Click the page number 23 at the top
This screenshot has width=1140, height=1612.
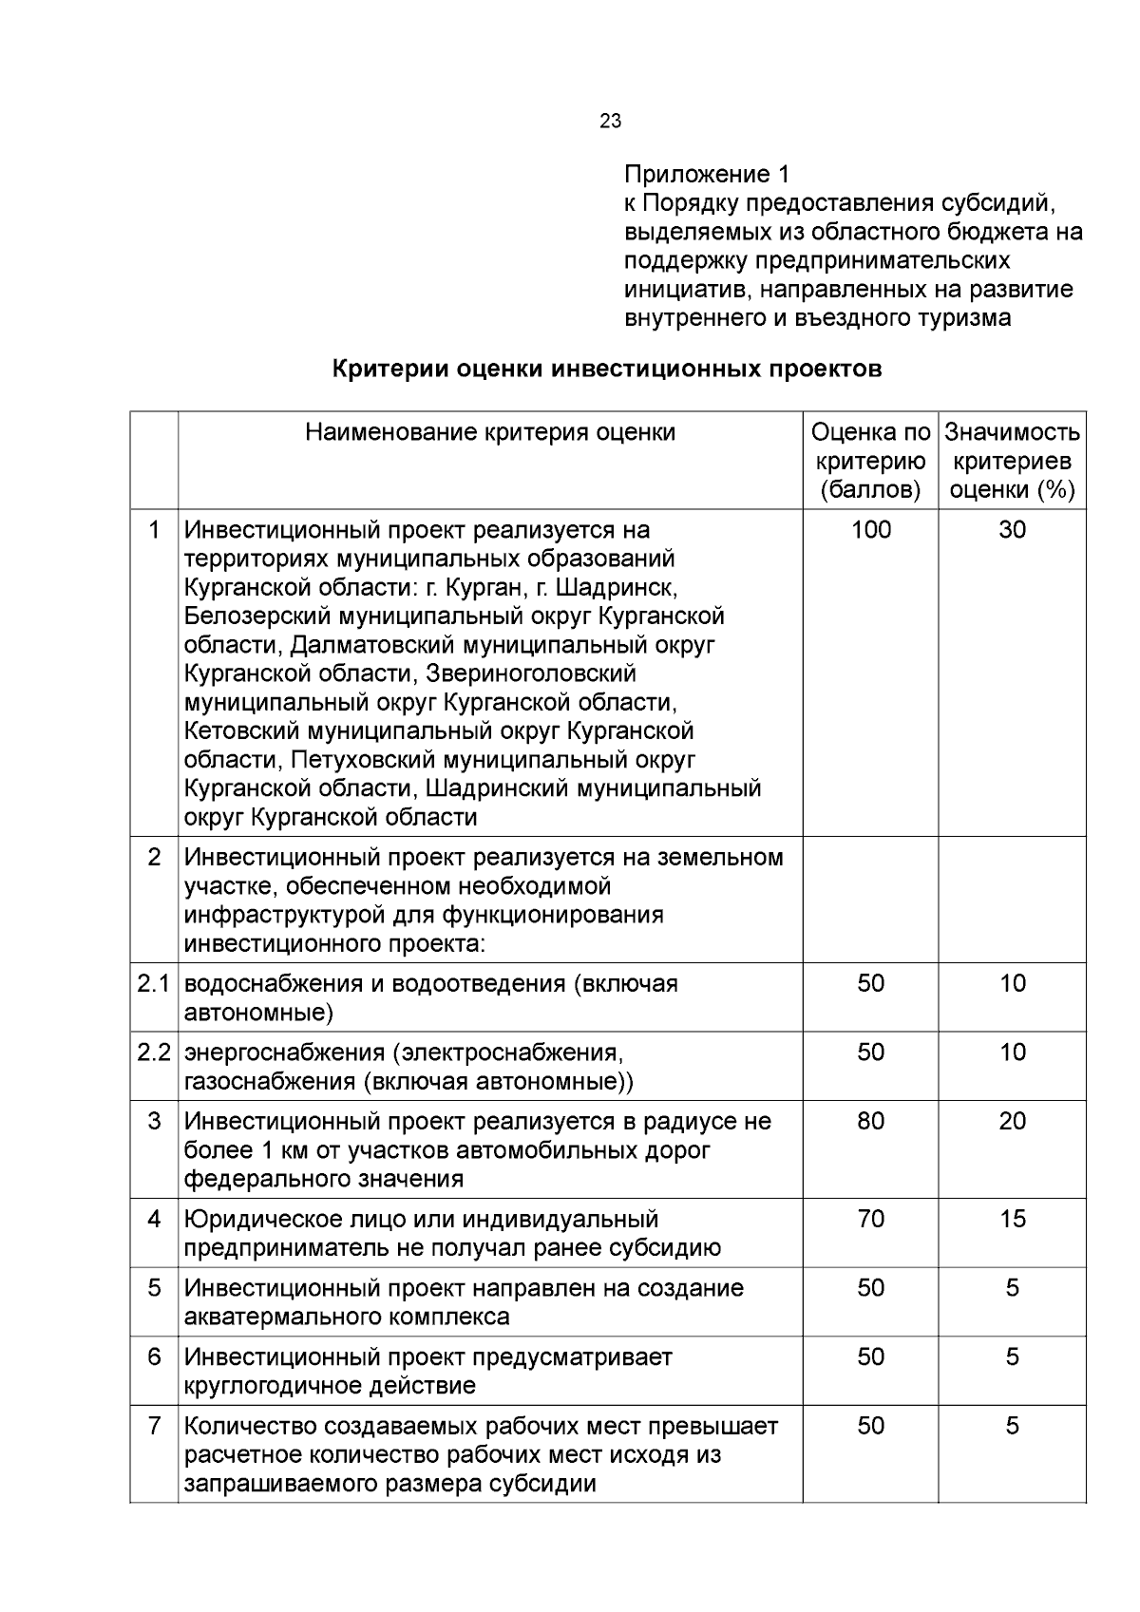pos(611,121)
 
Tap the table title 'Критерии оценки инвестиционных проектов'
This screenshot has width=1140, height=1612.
pos(607,369)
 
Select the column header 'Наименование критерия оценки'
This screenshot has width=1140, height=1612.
pos(490,432)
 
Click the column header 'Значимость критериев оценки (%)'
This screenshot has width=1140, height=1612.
pos(1012,461)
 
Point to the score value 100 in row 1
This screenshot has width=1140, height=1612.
pos(870,530)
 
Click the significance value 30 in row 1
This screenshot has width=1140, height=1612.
pos(1012,530)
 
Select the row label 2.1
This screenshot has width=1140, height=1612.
pos(153,983)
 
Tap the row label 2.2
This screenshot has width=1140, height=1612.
pos(153,1053)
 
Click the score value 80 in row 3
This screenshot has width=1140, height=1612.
pos(870,1121)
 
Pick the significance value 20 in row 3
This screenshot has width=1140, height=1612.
pos(1012,1121)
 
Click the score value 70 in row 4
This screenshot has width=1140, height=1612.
pos(870,1219)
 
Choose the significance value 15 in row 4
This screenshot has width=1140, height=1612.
pos(1012,1219)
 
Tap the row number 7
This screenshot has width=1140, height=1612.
pos(154,1426)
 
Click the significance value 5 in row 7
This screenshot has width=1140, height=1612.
pos(1012,1426)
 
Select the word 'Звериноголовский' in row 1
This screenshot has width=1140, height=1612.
pos(531,673)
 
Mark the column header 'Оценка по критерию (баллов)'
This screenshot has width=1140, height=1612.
pos(870,461)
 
